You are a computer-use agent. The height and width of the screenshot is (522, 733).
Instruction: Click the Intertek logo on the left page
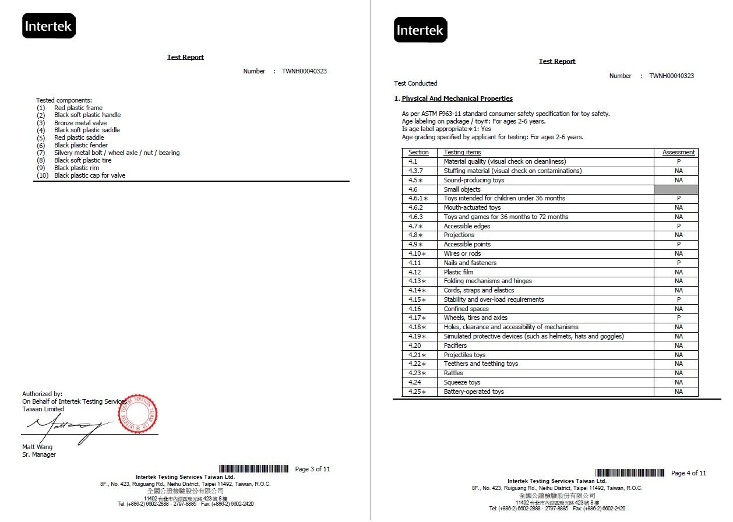click(x=48, y=26)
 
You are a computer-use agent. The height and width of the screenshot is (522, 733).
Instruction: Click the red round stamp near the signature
click(x=138, y=414)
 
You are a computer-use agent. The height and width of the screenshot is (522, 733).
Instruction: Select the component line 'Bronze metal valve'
click(x=80, y=123)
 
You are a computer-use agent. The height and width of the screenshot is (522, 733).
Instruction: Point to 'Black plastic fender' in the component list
click(x=81, y=145)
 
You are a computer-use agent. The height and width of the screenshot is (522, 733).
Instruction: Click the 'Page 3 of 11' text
click(x=312, y=469)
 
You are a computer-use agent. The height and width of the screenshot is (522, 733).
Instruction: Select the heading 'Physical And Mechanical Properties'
click(x=457, y=98)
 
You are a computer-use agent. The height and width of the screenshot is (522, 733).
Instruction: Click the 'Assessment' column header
click(x=678, y=153)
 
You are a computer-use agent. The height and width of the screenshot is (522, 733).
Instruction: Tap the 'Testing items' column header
click(x=462, y=153)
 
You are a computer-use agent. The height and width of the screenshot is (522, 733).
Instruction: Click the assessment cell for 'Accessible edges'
click(x=678, y=226)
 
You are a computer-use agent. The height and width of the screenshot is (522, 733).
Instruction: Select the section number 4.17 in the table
click(x=417, y=318)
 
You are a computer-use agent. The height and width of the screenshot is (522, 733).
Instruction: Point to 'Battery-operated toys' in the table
click(x=474, y=391)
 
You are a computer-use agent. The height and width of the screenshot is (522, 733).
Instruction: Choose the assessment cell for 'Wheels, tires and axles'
click(x=678, y=318)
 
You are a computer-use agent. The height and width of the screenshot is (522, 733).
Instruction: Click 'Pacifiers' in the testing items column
click(x=455, y=345)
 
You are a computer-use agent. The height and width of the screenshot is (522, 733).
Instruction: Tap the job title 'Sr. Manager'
click(x=39, y=454)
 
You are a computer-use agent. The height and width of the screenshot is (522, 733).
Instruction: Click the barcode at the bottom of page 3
click(x=253, y=469)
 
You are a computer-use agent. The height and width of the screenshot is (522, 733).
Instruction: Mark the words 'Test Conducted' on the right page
click(x=415, y=83)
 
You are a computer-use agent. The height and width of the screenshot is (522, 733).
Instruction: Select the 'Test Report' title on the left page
click(x=185, y=57)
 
